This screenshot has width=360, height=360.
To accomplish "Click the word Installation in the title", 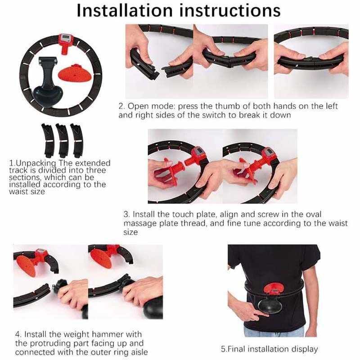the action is [125, 11].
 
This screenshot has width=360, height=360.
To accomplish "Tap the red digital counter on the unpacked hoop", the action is [66, 39].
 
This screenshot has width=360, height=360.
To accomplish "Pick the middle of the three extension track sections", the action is [62, 140].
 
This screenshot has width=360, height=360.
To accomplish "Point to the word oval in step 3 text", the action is [313, 214].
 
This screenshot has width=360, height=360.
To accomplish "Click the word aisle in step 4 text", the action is [137, 352].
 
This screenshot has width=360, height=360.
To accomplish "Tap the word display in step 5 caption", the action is [305, 349].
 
